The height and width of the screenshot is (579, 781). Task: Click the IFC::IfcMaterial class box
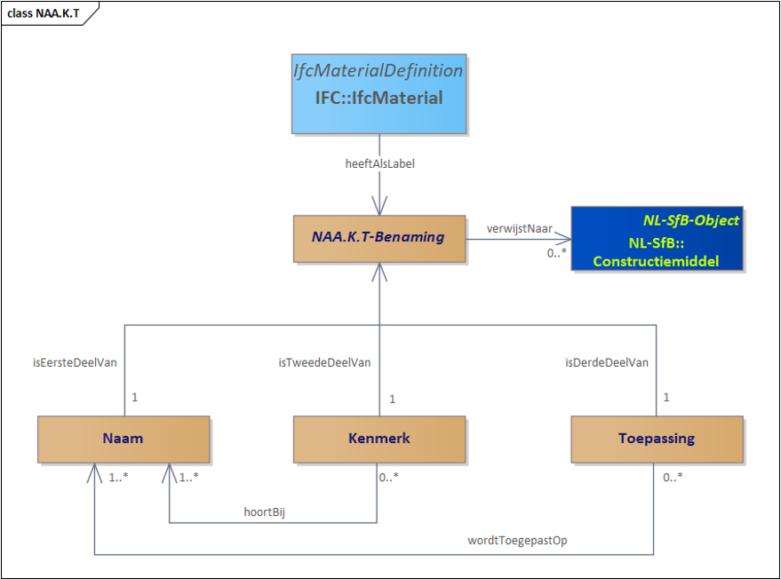(379, 93)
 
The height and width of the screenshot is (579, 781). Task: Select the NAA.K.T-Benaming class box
(379, 239)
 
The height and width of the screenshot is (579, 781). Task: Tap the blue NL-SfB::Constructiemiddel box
(657, 239)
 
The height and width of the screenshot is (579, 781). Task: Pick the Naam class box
(124, 439)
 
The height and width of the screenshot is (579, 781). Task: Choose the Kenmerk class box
(379, 439)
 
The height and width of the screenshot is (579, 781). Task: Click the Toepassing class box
(657, 439)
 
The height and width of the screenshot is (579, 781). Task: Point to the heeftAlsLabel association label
(380, 163)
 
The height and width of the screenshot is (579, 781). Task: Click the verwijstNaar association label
(520, 229)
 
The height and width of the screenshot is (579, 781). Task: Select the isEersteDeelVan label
(75, 362)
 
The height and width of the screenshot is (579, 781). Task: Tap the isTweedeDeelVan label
(324, 362)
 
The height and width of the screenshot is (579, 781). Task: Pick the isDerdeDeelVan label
(607, 362)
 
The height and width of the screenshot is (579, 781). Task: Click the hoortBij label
(265, 512)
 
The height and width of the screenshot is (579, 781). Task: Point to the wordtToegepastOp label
(517, 541)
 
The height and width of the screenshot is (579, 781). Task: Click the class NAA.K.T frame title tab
(44, 13)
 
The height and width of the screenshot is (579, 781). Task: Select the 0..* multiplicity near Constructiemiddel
(556, 253)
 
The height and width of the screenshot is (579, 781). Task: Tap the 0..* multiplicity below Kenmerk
(388, 477)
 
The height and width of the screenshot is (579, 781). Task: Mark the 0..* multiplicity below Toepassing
(673, 477)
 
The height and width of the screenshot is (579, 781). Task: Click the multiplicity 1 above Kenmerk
(393, 400)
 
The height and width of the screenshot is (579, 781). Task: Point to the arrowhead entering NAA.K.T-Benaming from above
(379, 206)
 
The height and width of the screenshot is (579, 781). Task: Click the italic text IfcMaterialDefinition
(378, 71)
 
